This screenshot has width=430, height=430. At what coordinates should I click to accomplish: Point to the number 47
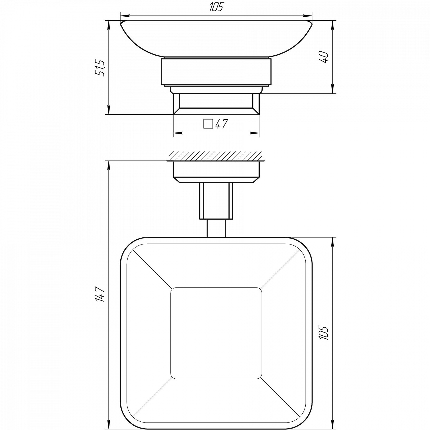tap(221, 124)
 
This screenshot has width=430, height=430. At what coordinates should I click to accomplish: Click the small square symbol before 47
tap(208, 124)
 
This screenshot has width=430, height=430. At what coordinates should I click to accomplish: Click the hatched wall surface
tap(215, 156)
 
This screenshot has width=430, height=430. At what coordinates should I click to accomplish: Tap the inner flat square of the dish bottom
tap(216, 333)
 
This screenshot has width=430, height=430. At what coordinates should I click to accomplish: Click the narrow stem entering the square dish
tap(216, 228)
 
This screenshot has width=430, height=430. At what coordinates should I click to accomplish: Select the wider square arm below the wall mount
tap(216, 201)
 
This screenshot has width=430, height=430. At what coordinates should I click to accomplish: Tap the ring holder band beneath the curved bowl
tap(216, 72)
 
